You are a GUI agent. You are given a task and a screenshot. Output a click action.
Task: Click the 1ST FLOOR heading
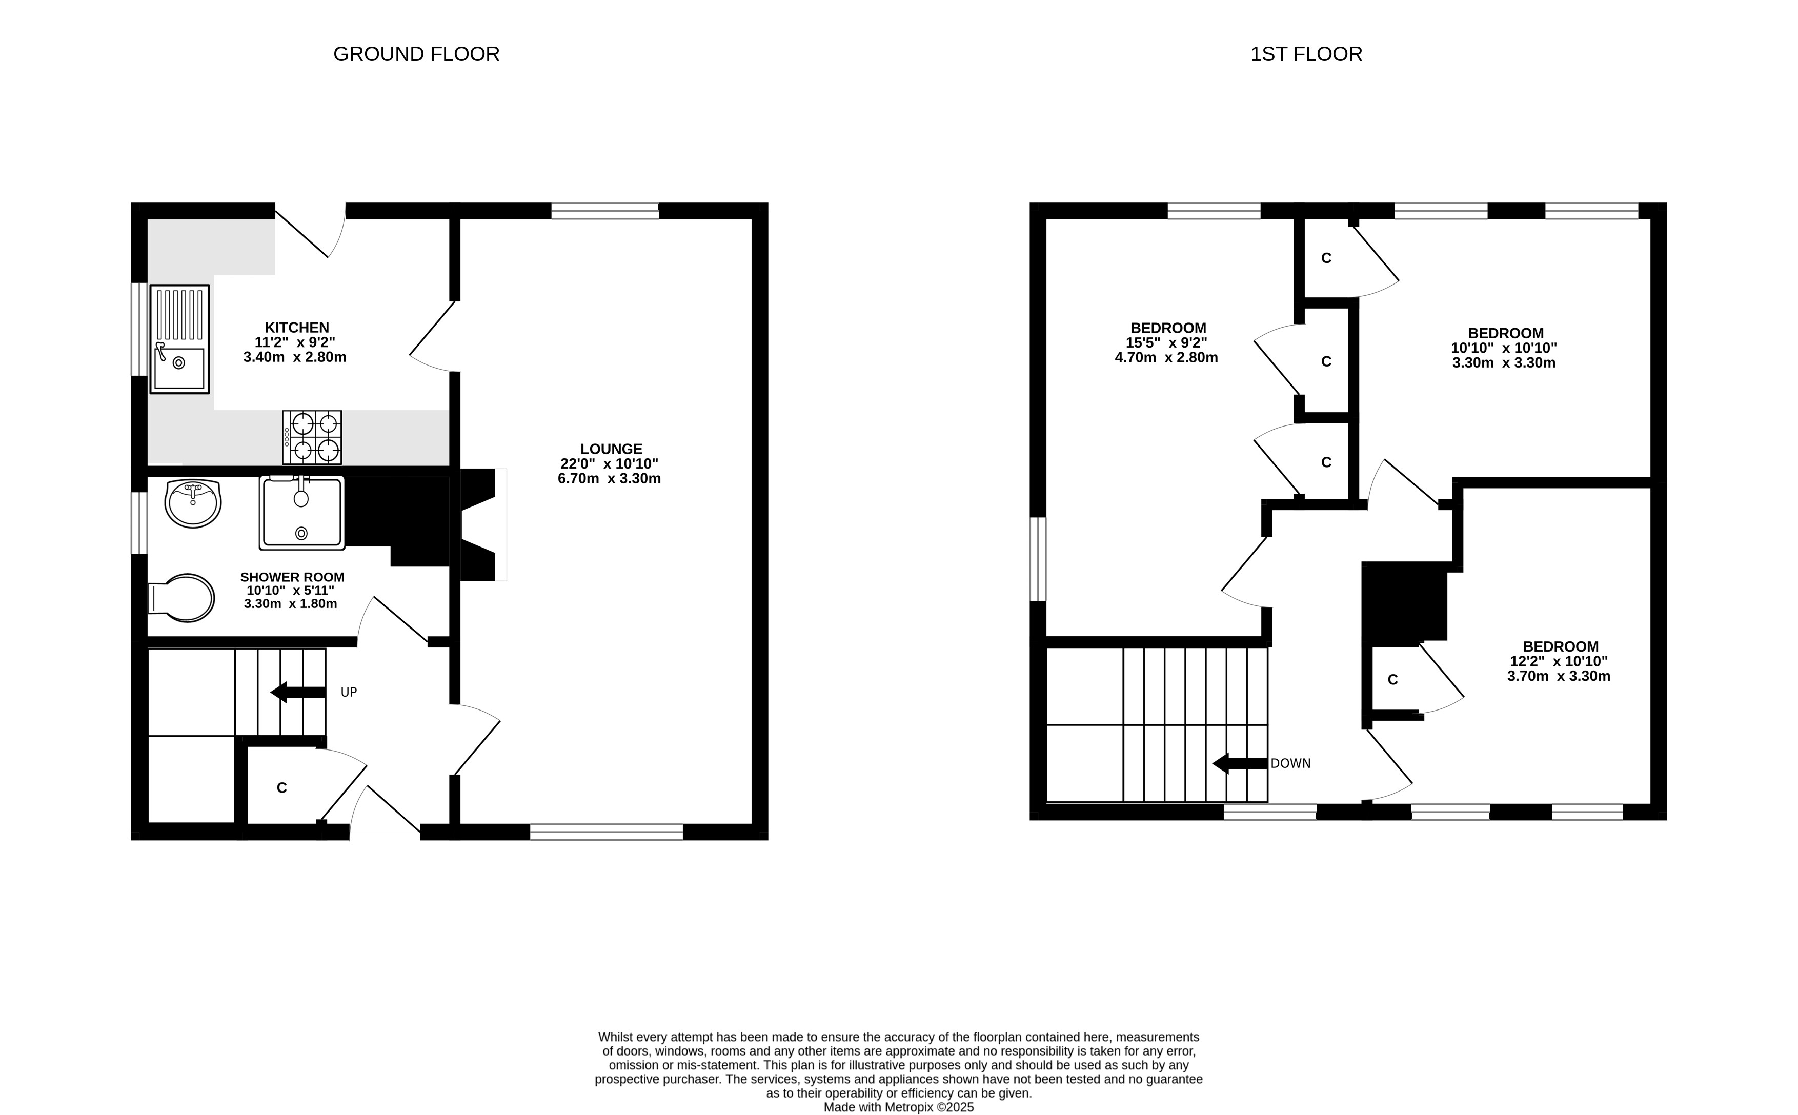1306,54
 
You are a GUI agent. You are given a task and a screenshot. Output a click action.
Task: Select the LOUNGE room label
611,449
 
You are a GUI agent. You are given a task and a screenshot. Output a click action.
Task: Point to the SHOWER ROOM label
292,577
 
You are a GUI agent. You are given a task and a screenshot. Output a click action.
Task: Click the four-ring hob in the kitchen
312,437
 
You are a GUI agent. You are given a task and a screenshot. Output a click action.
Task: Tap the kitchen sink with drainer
180,339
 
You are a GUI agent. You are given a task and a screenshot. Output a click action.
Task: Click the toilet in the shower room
181,597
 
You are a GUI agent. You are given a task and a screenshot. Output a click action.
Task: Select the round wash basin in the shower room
192,503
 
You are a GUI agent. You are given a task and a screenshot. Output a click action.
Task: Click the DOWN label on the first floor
1290,763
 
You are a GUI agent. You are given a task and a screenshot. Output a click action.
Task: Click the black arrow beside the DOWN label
1240,763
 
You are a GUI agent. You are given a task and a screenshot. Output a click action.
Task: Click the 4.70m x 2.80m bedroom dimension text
1166,358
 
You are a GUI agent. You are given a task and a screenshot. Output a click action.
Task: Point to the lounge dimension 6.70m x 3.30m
609,479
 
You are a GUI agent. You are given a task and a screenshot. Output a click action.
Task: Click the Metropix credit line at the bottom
898,1107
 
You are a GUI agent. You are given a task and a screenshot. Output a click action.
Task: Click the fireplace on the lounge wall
483,524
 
